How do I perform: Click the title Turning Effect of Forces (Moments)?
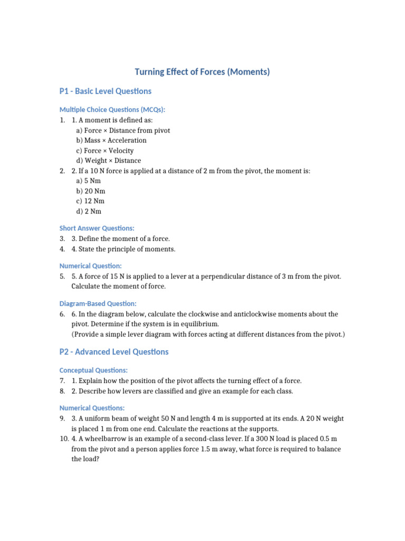pos(202,72)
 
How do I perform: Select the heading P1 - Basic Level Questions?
pos(105,91)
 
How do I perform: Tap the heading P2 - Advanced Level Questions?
pos(114,352)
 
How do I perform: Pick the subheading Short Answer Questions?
pos(97,228)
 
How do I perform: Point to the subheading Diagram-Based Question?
pos(98,304)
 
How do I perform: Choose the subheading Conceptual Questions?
pos(93,370)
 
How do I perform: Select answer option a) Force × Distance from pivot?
pos(123,130)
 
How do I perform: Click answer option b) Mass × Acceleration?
pos(111,141)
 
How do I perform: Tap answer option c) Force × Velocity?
pos(105,151)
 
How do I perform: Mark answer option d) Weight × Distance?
pos(109,161)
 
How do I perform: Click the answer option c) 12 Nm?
pos(90,201)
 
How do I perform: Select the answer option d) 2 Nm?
pos(89,211)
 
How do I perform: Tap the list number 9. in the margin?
pos(62,418)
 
